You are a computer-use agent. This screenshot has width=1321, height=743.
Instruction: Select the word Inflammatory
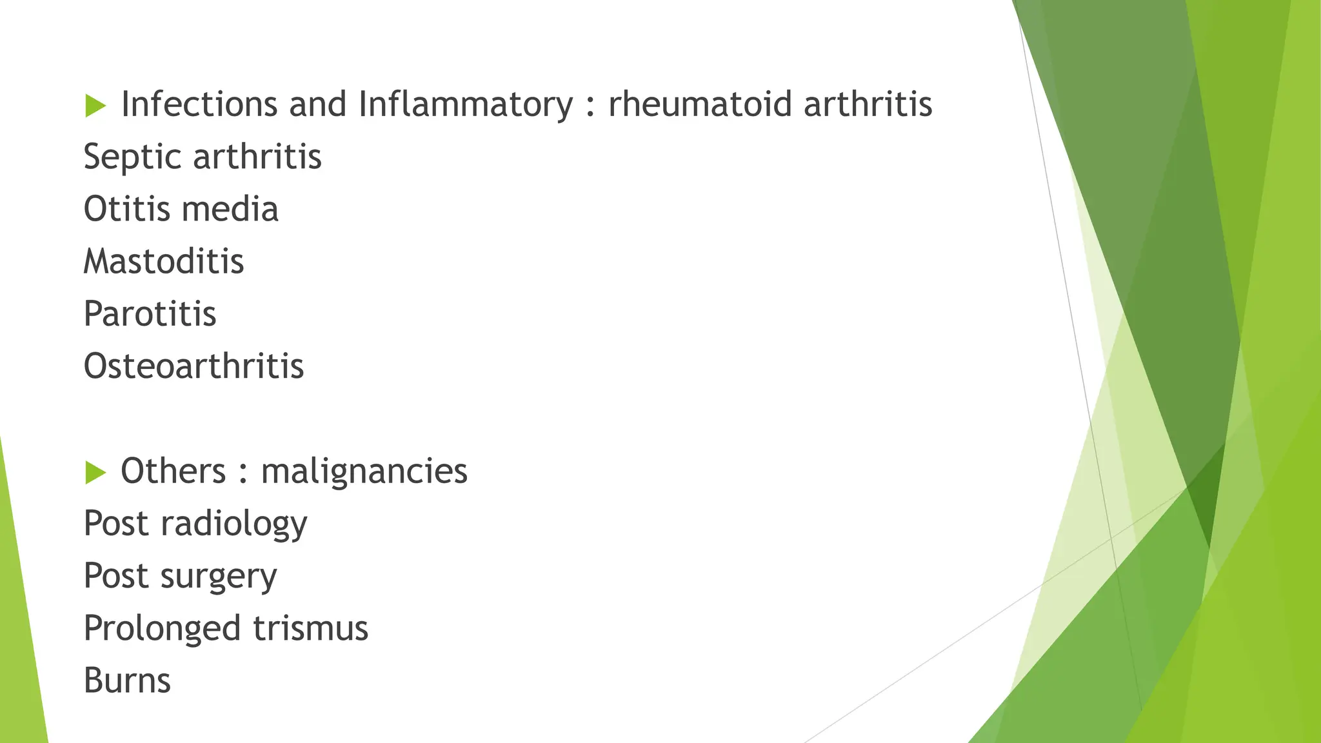point(465,104)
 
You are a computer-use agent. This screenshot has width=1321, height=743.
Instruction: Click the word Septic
point(132,157)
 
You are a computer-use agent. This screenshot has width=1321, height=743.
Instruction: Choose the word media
point(230,210)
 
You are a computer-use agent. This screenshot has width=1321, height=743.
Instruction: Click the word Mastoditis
point(164,262)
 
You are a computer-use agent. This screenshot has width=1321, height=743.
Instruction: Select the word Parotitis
point(150,314)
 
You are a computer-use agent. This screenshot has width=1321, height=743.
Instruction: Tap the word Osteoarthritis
point(194,366)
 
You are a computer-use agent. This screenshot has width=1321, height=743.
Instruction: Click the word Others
point(173,471)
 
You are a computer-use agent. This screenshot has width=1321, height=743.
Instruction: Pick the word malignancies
point(364,471)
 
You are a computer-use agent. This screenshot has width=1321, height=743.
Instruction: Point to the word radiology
point(233,524)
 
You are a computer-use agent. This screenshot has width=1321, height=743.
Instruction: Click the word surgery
point(219,576)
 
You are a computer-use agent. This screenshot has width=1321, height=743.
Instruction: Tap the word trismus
point(310,628)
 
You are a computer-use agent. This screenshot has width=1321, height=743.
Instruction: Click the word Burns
point(127,680)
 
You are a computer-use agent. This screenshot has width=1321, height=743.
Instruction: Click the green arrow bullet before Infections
point(95,106)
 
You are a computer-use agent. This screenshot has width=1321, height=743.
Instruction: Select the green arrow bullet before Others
point(95,473)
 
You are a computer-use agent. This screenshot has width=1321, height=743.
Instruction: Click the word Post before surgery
point(116,576)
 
